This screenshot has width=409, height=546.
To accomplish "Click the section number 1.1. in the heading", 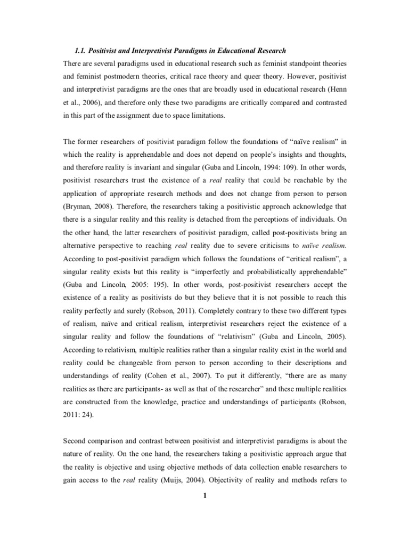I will point(80,51).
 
